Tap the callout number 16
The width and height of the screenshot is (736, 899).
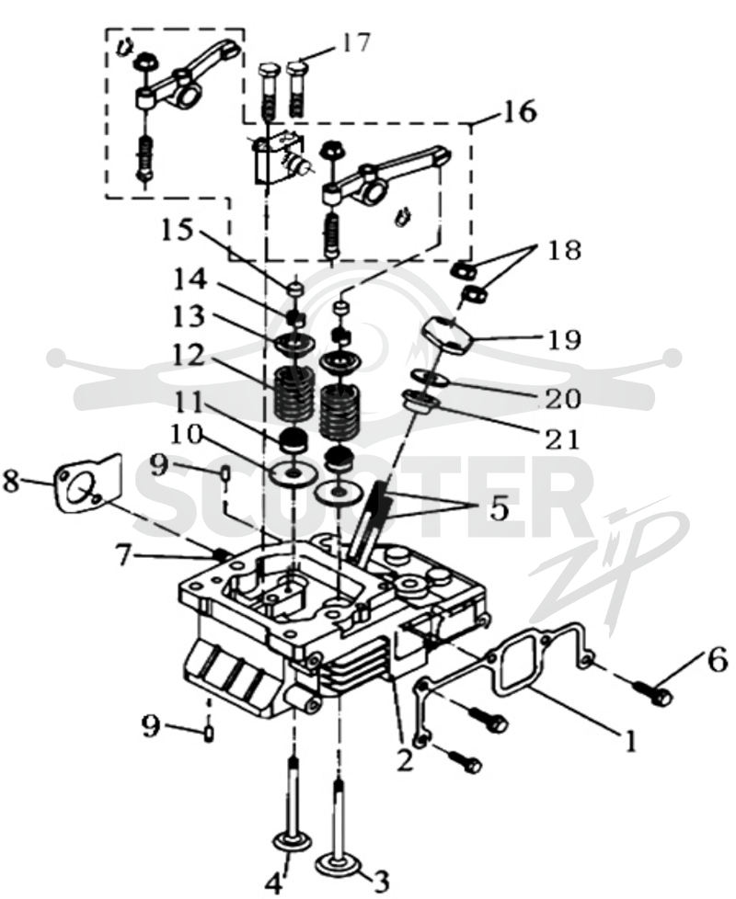[x=519, y=112]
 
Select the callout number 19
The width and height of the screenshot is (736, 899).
[x=565, y=340]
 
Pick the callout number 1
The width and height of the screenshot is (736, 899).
[x=630, y=741]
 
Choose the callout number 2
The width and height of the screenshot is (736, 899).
[x=404, y=759]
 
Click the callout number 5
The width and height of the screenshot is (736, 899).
[x=499, y=509]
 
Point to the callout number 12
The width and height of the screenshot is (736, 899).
[x=189, y=356]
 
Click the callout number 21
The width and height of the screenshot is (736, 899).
[x=562, y=438]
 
